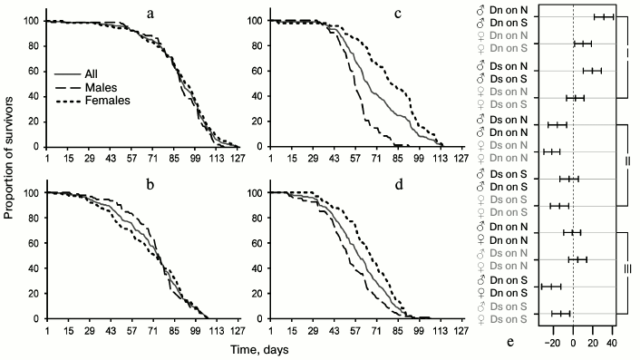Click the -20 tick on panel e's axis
(552, 345)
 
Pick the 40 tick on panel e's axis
(612, 345)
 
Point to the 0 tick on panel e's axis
(574, 345)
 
